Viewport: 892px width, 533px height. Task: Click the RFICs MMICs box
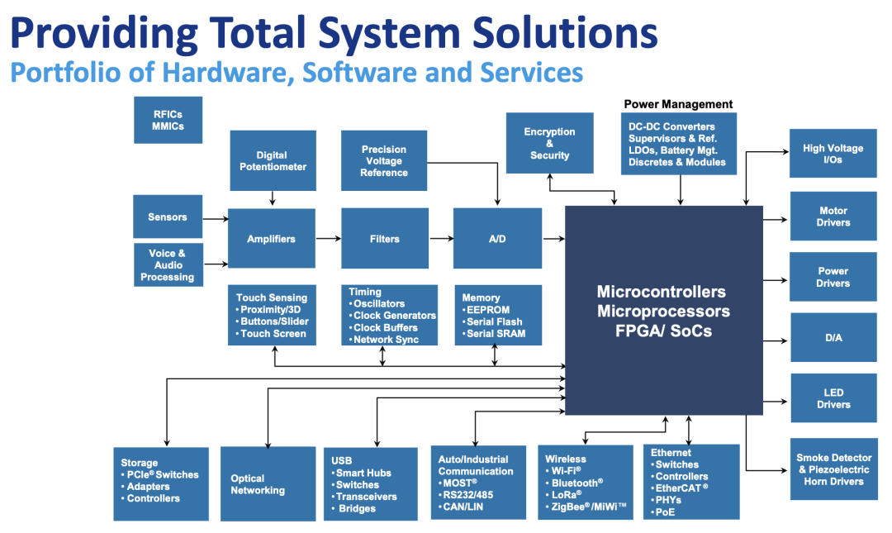click(168, 120)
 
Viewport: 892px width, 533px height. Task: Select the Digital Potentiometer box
click(273, 160)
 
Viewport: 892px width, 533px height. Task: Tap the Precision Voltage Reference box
click(384, 160)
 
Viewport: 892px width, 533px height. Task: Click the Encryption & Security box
click(549, 143)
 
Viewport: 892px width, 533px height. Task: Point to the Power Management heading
click(678, 104)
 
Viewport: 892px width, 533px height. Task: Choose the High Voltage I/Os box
click(833, 153)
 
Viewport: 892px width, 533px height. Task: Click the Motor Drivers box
click(833, 216)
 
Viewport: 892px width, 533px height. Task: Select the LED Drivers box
click(833, 398)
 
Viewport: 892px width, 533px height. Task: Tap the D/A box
click(833, 337)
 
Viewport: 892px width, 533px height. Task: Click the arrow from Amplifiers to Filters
click(328, 239)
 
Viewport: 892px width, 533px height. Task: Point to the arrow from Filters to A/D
click(441, 239)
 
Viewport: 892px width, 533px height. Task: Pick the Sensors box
click(168, 217)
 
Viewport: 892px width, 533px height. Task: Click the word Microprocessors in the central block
click(663, 312)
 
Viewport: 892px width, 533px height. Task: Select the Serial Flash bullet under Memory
click(492, 321)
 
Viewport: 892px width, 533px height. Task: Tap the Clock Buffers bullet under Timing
click(383, 327)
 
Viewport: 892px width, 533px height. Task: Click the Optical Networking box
click(268, 483)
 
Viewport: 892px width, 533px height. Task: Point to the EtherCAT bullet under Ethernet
click(680, 488)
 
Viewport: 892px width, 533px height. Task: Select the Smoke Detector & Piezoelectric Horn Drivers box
click(834, 469)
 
